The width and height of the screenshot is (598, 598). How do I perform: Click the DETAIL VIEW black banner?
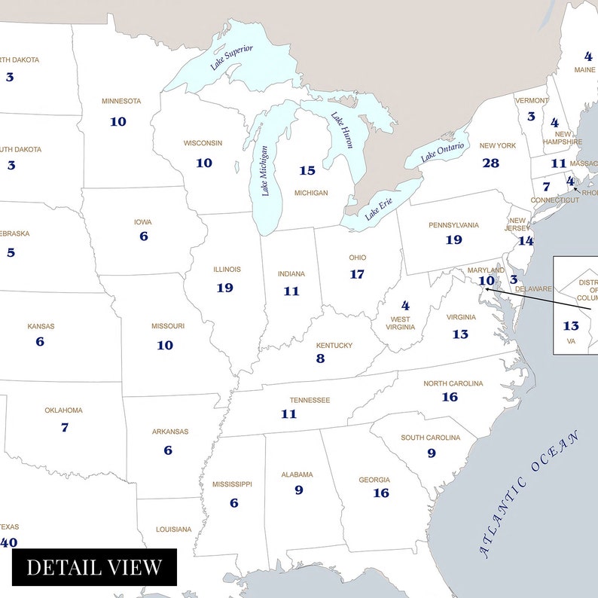(x=94, y=567)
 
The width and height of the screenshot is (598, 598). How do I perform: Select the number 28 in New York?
(x=490, y=163)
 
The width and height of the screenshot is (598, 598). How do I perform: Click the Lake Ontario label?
(x=443, y=151)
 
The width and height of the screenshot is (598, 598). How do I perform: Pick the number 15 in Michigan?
(x=307, y=171)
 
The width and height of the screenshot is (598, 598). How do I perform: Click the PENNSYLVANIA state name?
(x=453, y=224)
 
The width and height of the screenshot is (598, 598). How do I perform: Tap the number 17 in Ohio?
(x=357, y=274)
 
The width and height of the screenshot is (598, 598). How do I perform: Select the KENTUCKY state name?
(x=334, y=345)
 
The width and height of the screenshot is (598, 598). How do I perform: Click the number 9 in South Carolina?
(x=432, y=453)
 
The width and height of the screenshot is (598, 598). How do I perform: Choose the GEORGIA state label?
(x=374, y=480)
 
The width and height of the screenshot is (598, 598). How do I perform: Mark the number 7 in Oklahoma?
(x=65, y=427)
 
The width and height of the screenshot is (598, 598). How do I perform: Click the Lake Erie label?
(x=379, y=208)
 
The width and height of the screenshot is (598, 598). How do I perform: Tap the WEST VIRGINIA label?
(x=401, y=323)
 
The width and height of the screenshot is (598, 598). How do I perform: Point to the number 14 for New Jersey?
(x=525, y=241)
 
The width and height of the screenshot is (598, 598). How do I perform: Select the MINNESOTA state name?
(x=121, y=101)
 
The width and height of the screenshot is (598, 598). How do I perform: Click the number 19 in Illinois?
(x=224, y=288)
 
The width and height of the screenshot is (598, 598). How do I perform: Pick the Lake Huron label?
(x=342, y=130)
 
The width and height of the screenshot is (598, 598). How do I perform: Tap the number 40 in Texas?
(x=9, y=542)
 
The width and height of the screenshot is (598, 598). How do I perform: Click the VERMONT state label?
(x=532, y=100)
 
